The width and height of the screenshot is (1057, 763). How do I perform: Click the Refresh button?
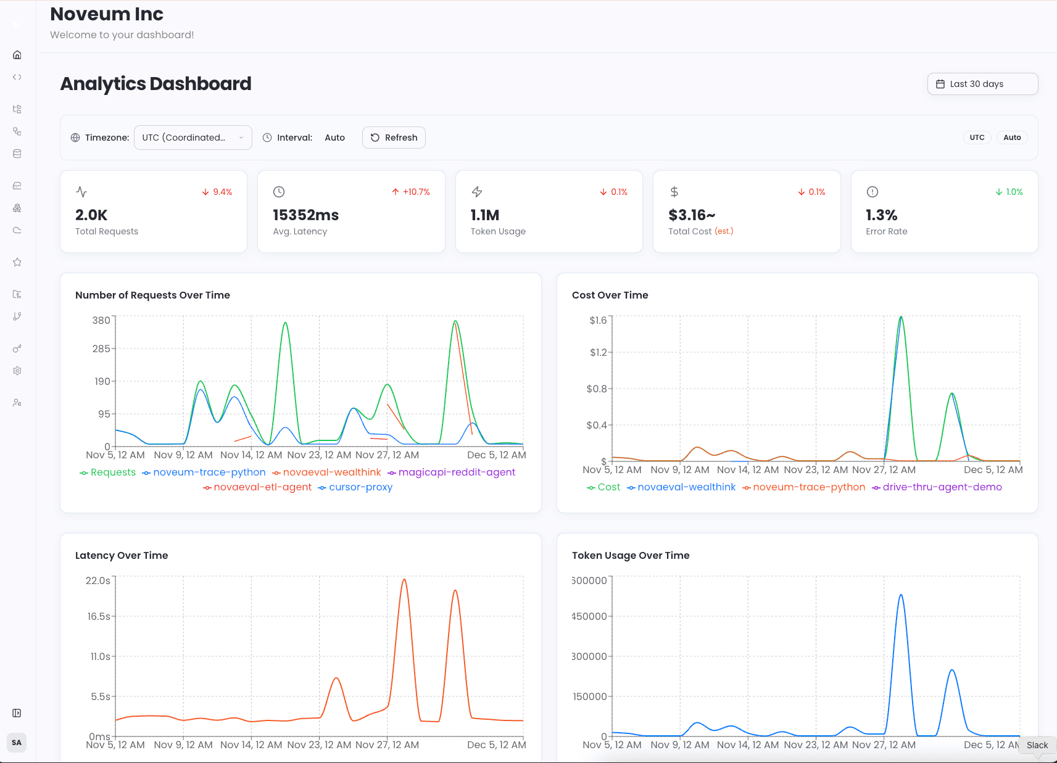click(x=394, y=138)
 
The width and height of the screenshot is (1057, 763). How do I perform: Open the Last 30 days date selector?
click(x=982, y=84)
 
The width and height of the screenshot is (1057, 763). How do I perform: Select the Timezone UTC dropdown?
click(x=193, y=138)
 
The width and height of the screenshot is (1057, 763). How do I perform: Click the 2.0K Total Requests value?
click(x=91, y=215)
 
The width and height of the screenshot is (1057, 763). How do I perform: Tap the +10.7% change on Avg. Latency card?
click(x=411, y=192)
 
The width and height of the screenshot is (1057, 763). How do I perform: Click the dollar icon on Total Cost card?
click(x=674, y=192)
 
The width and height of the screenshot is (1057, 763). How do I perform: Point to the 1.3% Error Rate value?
click(x=881, y=215)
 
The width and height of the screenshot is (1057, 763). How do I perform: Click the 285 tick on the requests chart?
click(x=101, y=349)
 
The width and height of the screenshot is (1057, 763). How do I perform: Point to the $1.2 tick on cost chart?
click(x=598, y=353)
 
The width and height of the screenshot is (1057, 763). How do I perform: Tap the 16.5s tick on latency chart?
click(x=99, y=616)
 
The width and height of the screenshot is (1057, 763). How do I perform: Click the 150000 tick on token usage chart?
click(x=590, y=696)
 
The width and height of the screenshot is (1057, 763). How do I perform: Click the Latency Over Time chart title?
click(x=122, y=555)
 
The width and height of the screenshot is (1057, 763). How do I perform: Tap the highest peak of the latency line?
click(x=404, y=580)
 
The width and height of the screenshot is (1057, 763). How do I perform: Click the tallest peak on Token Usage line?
click(x=901, y=595)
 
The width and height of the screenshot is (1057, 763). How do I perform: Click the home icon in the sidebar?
click(x=17, y=55)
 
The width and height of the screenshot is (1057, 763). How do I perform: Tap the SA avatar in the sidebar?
click(x=17, y=743)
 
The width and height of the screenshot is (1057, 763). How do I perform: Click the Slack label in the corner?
click(x=1037, y=745)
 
